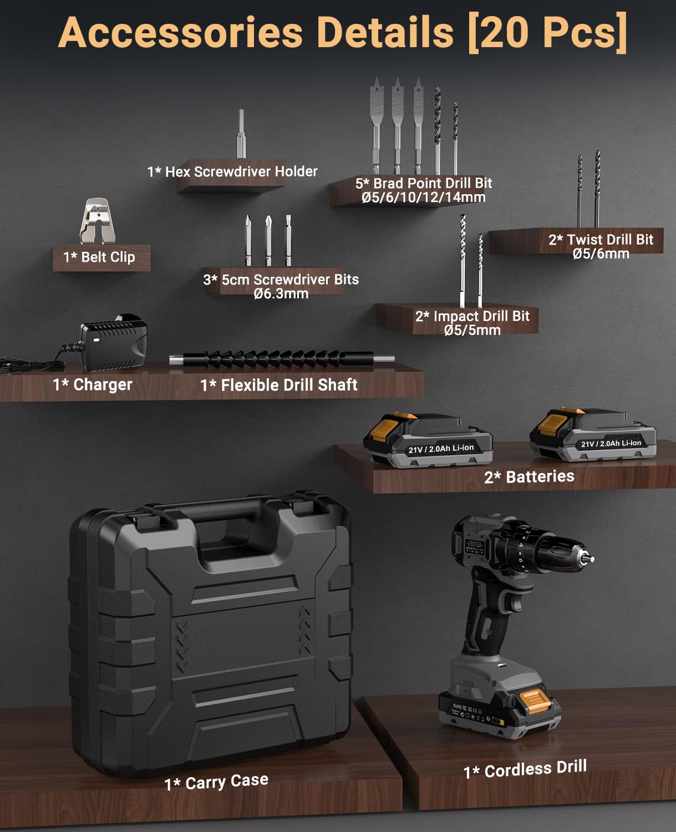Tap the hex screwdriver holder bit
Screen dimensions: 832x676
241,134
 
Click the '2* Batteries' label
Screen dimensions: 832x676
529,476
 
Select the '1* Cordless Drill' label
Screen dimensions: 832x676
525,769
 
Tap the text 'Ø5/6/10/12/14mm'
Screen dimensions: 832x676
423,197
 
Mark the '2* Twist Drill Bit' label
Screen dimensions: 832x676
601,240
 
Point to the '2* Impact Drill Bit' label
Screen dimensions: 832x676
472,316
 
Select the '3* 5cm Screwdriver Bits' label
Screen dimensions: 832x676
281,280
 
